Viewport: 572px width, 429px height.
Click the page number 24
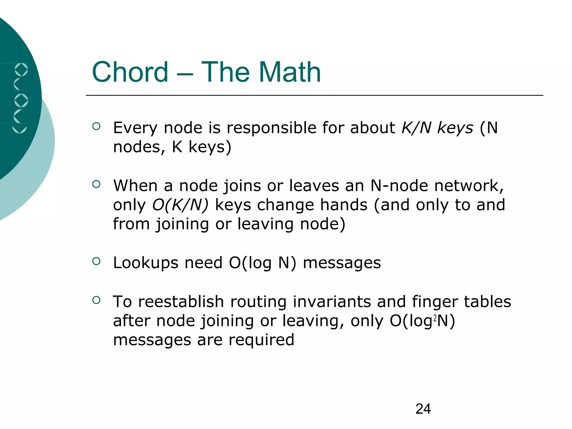423,409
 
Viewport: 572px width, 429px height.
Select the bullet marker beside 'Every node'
96,126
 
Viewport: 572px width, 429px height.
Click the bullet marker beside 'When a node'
96,184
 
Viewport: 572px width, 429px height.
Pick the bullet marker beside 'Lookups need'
96,261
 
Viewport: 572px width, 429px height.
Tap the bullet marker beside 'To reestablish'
96,300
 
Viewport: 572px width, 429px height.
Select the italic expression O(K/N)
180,205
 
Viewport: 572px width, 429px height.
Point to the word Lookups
146,263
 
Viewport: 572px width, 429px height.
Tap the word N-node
399,186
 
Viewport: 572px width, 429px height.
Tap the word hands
344,205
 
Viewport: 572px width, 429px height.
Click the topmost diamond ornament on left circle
21,70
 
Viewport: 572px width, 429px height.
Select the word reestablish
181,302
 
